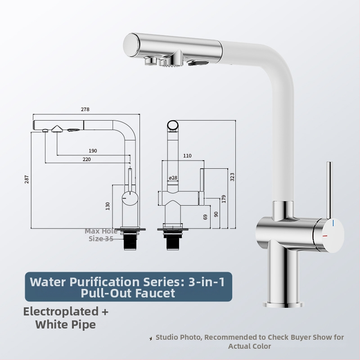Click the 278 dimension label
pos(85,109)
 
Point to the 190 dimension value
pos(93,151)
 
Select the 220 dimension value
pos(86,159)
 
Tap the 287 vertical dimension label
pos(27,179)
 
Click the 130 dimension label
pos(108,206)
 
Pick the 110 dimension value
pos(187,156)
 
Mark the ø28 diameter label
pos(173,178)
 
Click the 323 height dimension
pos(232,177)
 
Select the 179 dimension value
pos(224,199)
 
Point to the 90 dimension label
pos(216,214)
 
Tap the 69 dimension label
pos(205,217)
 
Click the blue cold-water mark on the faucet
pos(333,223)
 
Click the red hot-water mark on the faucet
pos(325,236)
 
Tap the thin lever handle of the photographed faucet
pos(329,190)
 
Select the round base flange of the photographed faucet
pos(283,304)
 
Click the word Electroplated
pos(61,311)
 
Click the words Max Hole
pos(101,231)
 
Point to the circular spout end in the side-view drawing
pos(173,126)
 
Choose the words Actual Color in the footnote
pos(250,346)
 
